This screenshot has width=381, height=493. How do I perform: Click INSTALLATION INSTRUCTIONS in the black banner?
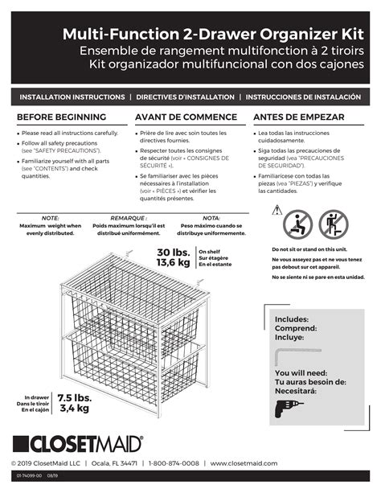pyautogui.click(x=71, y=97)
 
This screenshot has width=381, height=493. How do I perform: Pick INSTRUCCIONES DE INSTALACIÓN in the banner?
pyautogui.click(x=303, y=97)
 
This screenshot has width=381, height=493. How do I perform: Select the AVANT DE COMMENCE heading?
pyautogui.click(x=184, y=117)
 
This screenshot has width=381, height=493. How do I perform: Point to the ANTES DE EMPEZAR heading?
pyautogui.click(x=298, y=117)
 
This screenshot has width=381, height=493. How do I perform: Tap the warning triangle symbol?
pyautogui.click(x=277, y=210)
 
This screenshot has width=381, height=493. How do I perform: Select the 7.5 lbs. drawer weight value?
pyautogui.click(x=73, y=398)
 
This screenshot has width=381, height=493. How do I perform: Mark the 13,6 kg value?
pyautogui.click(x=172, y=263)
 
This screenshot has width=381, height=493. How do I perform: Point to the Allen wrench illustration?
pyautogui.click(x=299, y=353)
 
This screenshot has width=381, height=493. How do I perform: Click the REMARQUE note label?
pyautogui.click(x=128, y=218)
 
